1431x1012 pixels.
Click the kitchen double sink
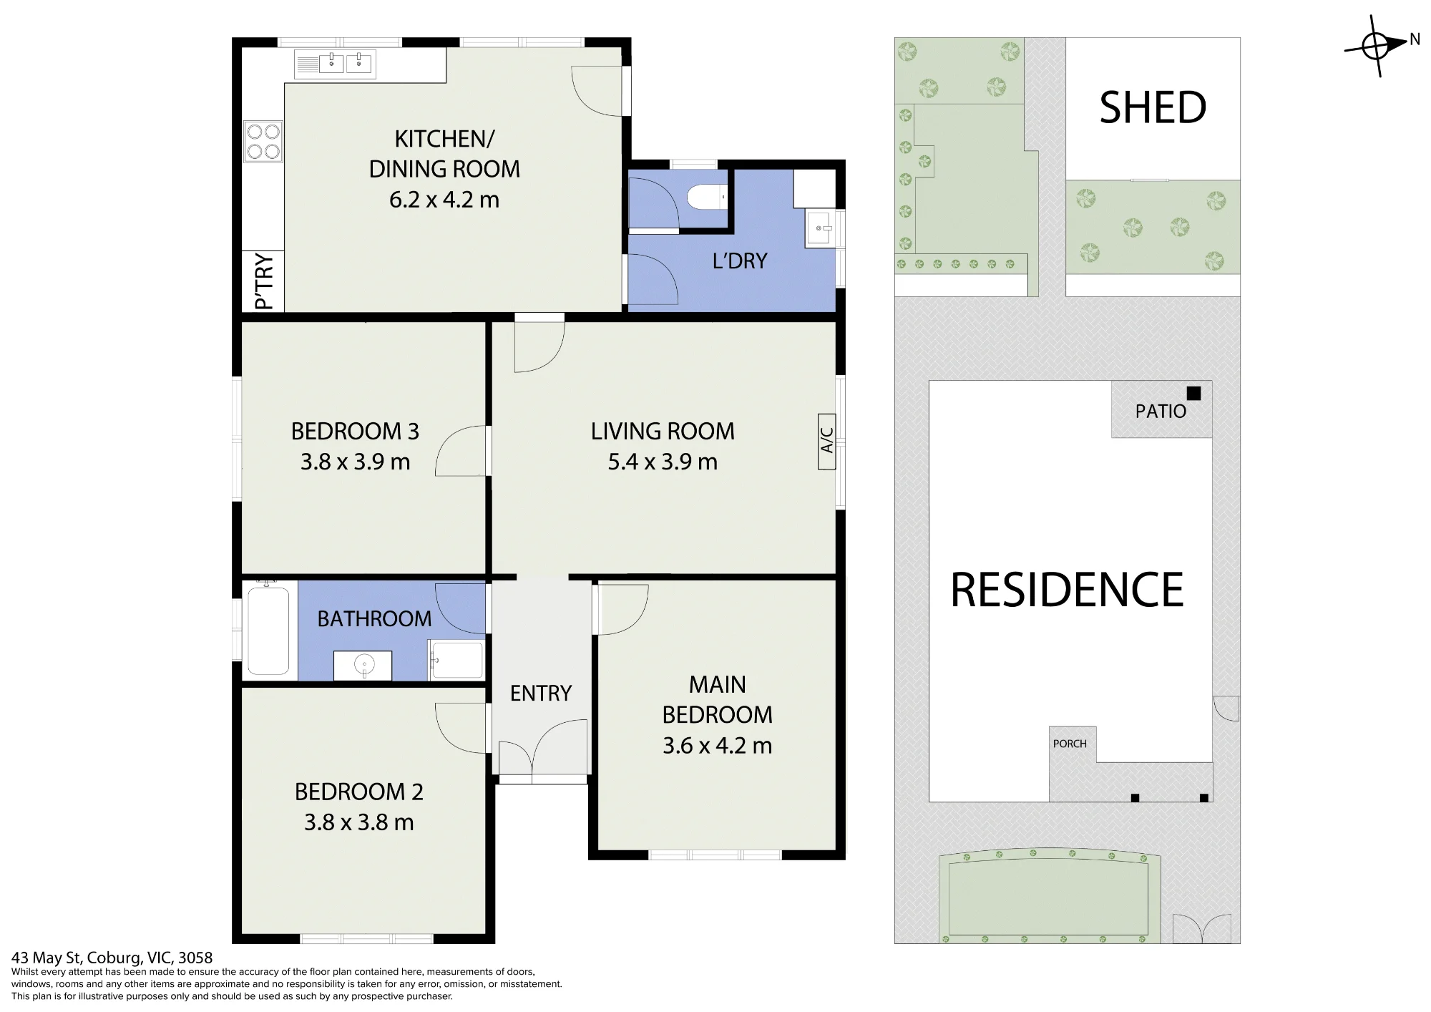coord(335,64)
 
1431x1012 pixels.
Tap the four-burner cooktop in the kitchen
coord(263,141)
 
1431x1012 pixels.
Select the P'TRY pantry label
coord(264,281)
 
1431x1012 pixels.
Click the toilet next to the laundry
coord(706,197)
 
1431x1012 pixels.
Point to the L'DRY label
coord(740,261)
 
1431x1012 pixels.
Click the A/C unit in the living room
coord(827,441)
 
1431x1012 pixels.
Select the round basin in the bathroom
coord(363,666)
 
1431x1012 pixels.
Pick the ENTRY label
coord(541,693)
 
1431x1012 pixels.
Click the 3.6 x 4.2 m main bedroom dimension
coord(717,746)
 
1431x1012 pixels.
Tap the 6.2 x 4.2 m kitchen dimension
coord(444,199)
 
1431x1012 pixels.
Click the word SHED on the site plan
coord(1153,107)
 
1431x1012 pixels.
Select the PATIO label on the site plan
coord(1161,412)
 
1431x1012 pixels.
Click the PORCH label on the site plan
coord(1070,744)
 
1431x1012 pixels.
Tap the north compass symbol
coord(1375,47)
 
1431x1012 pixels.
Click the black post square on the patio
coord(1193,393)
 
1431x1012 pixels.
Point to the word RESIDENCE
coord(1067,590)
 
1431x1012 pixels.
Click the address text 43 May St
coord(48,958)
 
